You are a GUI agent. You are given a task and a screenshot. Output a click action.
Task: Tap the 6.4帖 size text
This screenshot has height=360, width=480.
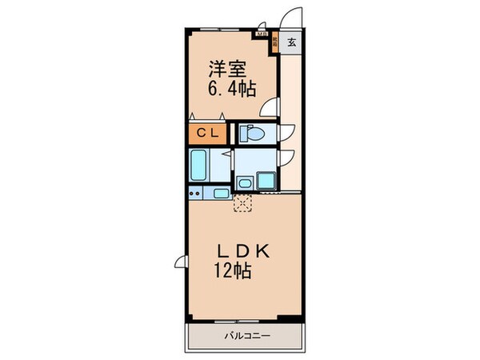pyautogui.click(x=233, y=90)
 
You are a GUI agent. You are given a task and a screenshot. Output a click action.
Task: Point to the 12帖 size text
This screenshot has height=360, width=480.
pyautogui.click(x=233, y=272)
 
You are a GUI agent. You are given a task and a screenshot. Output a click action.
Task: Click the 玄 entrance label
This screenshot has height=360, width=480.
pyautogui.click(x=293, y=43)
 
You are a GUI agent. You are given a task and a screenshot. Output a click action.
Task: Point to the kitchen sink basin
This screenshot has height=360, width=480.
pyautogui.click(x=220, y=194)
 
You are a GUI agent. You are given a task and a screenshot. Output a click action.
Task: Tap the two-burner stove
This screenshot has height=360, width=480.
pyautogui.click(x=195, y=194)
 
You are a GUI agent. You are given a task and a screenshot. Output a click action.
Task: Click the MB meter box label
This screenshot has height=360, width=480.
pyautogui.click(x=261, y=34)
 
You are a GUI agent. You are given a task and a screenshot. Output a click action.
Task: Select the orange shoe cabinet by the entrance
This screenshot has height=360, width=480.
pyautogui.click(x=274, y=42)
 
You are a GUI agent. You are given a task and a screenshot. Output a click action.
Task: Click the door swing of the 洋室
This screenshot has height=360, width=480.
pyautogui.click(x=272, y=106)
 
